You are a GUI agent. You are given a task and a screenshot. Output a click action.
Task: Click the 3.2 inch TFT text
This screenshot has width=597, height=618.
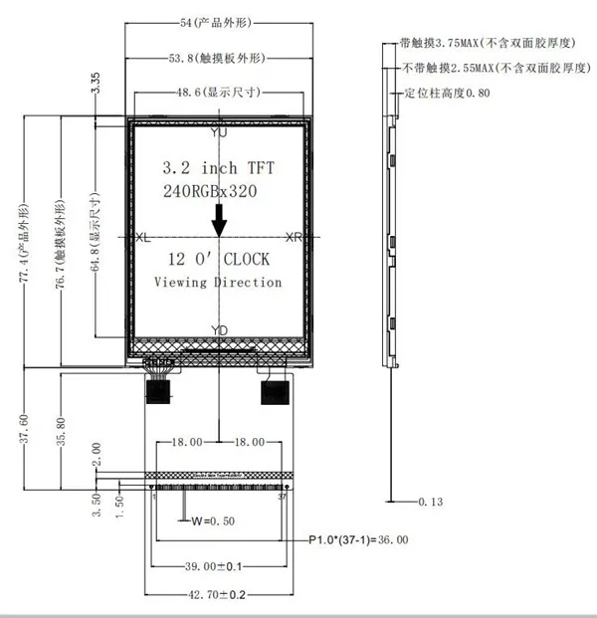218,167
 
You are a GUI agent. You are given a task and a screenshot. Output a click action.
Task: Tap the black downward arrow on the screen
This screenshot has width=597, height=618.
219,218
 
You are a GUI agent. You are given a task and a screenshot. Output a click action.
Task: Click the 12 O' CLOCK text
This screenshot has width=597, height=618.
218,260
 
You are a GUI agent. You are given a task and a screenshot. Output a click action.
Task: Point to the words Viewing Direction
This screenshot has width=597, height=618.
218,282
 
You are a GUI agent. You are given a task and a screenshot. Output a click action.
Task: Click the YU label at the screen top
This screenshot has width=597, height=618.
219,131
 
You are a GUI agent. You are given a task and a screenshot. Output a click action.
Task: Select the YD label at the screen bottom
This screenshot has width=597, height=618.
220,329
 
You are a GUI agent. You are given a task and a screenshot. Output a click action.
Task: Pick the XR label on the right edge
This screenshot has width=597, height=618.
294,238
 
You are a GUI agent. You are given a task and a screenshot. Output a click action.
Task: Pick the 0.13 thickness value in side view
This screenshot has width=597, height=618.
431,502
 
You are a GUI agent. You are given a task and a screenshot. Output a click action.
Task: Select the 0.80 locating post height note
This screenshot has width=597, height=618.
447,93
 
